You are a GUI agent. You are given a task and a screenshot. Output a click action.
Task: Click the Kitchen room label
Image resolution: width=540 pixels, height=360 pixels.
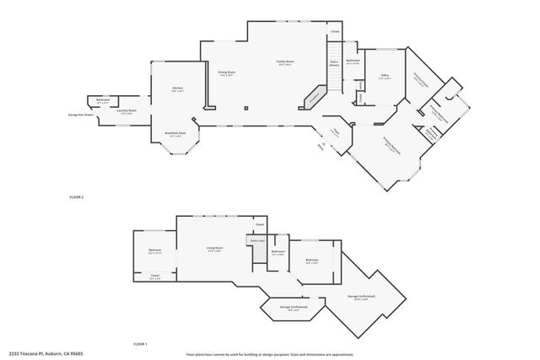click(177, 89)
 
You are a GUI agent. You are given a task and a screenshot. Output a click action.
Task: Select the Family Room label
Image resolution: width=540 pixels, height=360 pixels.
click(285, 62)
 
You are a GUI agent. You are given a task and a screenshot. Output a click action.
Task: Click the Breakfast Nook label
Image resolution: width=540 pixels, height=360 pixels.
click(175, 133)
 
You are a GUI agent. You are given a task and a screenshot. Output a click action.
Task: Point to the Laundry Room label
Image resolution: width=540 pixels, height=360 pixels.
click(127, 110)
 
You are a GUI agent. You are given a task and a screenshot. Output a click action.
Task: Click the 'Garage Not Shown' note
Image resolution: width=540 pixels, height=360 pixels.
click(80, 115)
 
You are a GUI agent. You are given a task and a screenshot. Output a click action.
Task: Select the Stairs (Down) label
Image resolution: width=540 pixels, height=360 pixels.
click(333, 64)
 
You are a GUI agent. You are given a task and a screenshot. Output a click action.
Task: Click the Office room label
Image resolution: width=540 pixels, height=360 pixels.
click(384, 77)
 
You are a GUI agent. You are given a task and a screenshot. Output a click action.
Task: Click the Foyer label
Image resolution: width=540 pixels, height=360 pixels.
click(334, 132)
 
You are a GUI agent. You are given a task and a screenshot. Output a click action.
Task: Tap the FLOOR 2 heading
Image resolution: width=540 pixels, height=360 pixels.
click(77, 196)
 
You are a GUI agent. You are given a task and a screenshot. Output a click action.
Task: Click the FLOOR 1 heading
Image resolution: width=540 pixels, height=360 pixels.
click(140, 343)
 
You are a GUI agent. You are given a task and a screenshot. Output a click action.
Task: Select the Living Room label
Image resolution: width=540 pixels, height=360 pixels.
click(214, 249)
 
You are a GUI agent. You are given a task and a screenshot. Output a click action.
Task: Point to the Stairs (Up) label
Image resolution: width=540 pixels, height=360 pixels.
click(257, 240)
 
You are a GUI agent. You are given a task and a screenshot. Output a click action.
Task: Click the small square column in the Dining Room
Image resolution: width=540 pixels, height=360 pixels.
click(246, 107)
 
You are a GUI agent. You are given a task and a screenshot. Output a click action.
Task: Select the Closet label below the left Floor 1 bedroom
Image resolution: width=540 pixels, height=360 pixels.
click(155, 276)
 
